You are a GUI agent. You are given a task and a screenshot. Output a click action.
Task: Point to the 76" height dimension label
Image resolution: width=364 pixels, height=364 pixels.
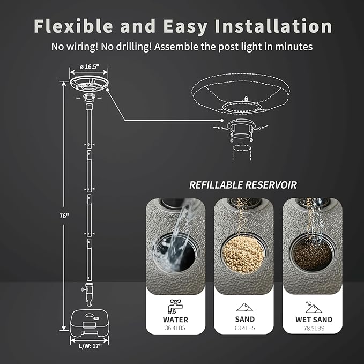(64, 216)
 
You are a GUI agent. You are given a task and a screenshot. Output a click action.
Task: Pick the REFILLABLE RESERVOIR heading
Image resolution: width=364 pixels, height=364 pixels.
(243, 185)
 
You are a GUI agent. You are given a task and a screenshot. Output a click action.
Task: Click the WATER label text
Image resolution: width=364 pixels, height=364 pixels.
(175, 320)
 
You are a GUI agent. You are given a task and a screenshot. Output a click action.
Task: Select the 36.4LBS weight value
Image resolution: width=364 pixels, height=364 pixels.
(175, 328)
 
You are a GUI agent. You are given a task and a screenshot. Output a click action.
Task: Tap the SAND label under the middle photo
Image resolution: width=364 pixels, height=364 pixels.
(244, 320)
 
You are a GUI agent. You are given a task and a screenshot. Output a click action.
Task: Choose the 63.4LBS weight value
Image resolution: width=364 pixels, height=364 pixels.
(244, 328)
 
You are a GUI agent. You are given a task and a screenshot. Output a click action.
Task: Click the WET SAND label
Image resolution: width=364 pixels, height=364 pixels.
(314, 320)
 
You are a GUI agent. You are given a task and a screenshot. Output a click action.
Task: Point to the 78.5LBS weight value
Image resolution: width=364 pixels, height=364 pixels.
(314, 328)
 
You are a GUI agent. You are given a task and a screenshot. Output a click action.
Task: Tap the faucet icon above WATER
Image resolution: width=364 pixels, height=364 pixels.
(175, 306)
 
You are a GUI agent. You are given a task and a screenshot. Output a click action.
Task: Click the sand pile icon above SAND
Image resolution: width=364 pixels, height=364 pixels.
(244, 307)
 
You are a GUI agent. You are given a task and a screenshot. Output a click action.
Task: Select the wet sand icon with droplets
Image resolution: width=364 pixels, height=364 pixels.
(313, 306)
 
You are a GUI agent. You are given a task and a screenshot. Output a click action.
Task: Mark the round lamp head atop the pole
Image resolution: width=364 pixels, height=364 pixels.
(88, 84)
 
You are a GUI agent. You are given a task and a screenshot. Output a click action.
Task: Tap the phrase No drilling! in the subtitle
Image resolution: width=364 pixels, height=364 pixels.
(125, 47)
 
